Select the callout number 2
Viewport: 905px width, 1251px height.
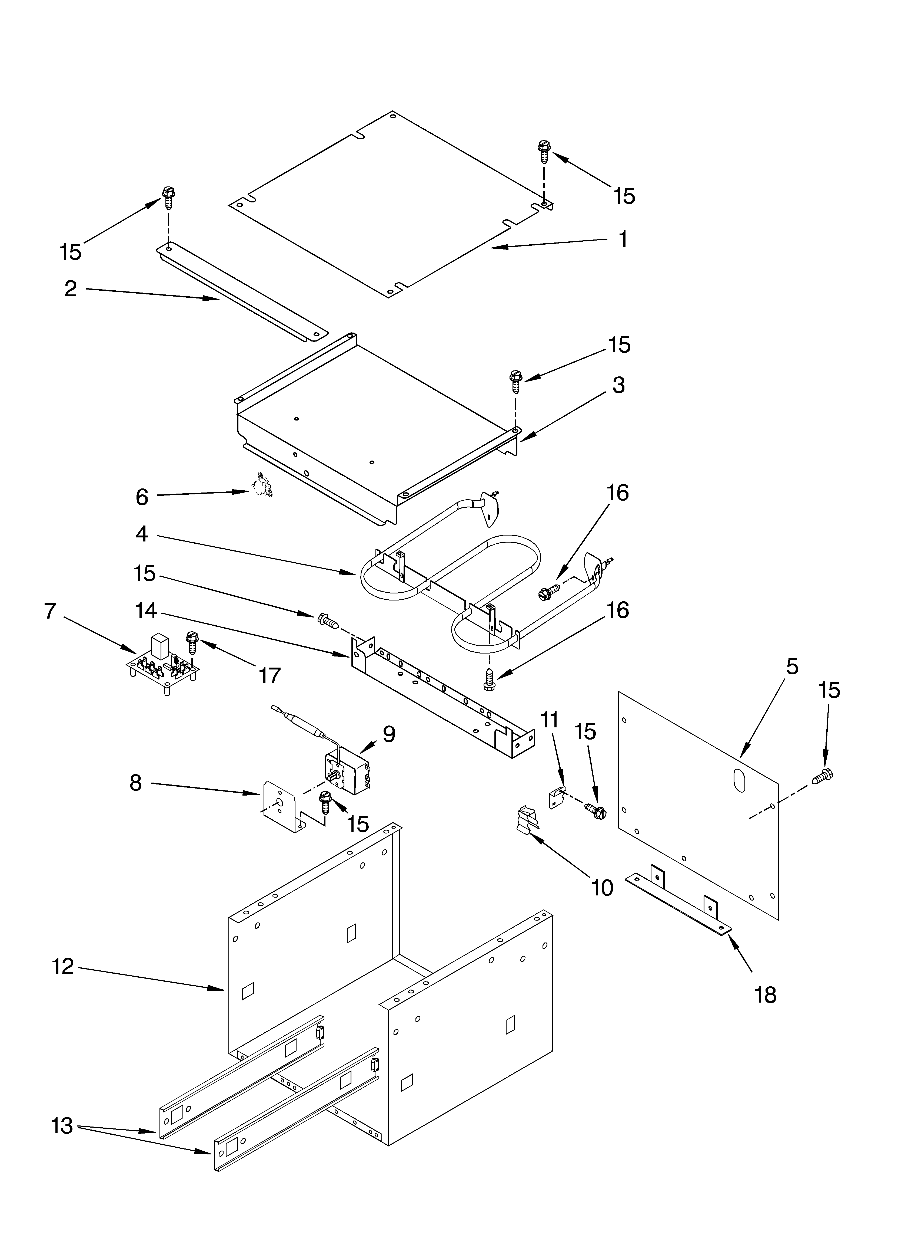coord(71,288)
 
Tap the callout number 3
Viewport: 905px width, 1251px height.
coord(618,385)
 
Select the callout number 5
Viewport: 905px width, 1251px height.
coord(791,666)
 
